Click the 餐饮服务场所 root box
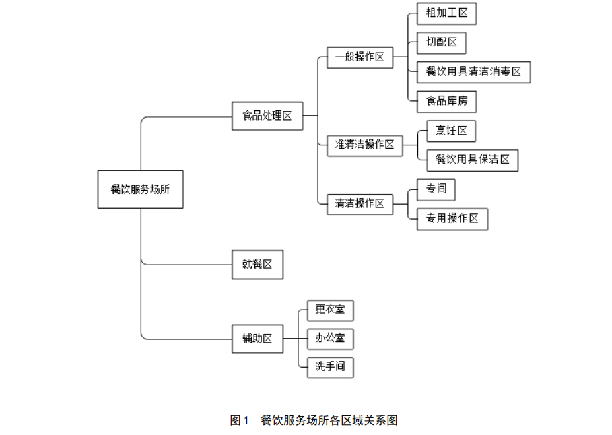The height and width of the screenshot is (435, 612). pos(141,189)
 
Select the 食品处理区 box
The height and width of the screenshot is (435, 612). pos(267,116)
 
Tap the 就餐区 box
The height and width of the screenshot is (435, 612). pos(258,265)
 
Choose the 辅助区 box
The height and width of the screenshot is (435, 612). pos(258,339)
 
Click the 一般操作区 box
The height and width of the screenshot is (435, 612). pos(360,57)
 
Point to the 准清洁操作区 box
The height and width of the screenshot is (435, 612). pos(364,145)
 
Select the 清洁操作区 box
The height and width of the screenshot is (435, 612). pos(360,204)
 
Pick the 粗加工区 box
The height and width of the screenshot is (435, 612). pos(447,13)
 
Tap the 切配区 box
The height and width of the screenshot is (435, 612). pos(442,42)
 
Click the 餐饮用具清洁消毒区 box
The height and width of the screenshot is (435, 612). pos(474,72)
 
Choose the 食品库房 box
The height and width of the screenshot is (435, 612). pos(447,102)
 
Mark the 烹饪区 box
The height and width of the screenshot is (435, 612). pos(451,131)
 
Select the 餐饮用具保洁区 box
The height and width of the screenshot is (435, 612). pos(473,160)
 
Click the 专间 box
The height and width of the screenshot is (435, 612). pos(436,189)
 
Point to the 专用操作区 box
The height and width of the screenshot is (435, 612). pos(452,219)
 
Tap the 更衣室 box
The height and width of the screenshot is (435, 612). pos(331,310)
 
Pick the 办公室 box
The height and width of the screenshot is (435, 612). pos(331,339)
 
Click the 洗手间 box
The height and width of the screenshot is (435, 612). pos(331,368)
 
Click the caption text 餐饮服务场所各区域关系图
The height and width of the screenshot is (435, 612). pos(329,421)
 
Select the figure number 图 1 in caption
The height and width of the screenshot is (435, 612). pos(239,421)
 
